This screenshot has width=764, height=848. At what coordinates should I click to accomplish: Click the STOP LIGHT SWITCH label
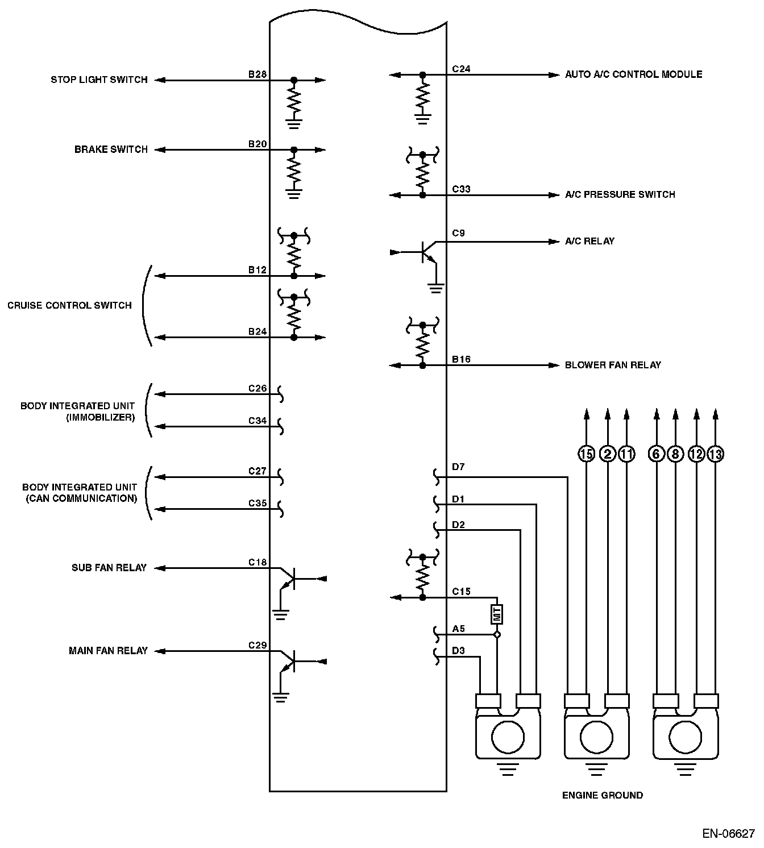[x=99, y=80]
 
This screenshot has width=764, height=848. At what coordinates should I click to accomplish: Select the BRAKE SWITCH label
[x=111, y=150]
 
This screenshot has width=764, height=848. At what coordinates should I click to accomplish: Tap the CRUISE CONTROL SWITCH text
[x=69, y=306]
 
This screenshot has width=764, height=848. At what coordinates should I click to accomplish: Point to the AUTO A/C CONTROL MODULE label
[x=633, y=74]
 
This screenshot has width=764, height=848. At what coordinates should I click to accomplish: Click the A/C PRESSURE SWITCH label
[x=620, y=195]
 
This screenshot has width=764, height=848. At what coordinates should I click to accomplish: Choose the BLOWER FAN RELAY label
[x=613, y=365]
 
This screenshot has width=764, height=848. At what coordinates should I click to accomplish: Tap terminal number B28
[x=258, y=74]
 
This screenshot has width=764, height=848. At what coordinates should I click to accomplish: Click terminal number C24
[x=461, y=69]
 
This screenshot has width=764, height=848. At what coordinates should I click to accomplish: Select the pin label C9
[x=458, y=233]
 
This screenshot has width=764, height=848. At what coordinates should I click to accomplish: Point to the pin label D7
[x=458, y=467]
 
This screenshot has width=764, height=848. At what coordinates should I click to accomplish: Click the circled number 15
[x=587, y=454]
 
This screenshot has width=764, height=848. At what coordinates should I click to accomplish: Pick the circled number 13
[x=716, y=454]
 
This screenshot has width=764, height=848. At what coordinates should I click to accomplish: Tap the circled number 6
[x=657, y=454]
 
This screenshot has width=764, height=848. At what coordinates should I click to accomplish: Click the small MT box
[x=497, y=614]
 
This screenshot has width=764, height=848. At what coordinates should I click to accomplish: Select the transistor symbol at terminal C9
[x=427, y=252]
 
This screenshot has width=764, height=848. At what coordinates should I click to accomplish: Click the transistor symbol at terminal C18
[x=290, y=579]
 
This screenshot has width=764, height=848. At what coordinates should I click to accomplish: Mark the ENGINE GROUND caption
[x=603, y=796]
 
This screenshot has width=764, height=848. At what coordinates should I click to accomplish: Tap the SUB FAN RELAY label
[x=109, y=568]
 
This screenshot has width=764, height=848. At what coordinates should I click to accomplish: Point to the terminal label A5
[x=458, y=629]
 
